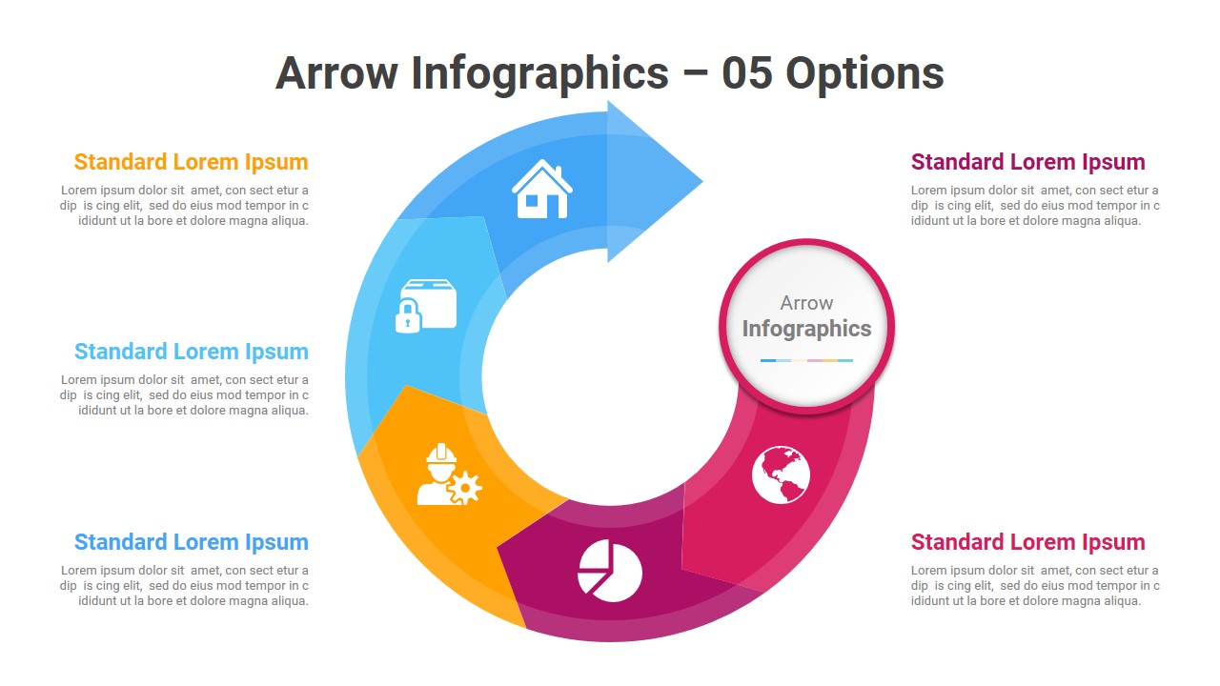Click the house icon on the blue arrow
(x=542, y=189)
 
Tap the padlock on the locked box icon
(x=408, y=315)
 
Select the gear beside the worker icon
(x=464, y=488)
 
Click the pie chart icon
(x=610, y=571)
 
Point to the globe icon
(x=781, y=474)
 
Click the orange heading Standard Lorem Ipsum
(x=192, y=162)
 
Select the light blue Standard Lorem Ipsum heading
(x=192, y=352)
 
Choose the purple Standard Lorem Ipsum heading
(x=1028, y=162)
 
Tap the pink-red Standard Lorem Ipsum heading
(x=1028, y=542)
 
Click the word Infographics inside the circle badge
(x=806, y=330)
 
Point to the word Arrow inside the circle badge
(x=806, y=303)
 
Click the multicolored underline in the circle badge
(x=806, y=360)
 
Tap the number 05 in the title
(x=746, y=73)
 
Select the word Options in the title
(x=864, y=74)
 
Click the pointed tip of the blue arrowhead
(x=702, y=181)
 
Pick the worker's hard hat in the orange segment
(x=441, y=454)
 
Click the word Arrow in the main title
(x=337, y=73)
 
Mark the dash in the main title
(x=695, y=73)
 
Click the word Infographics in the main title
(x=539, y=74)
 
